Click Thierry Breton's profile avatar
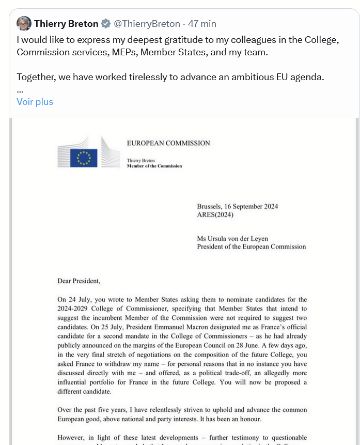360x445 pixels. pyautogui.click(x=24, y=24)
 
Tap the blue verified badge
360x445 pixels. pyautogui.click(x=106, y=24)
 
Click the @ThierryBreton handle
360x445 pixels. pyautogui.click(x=147, y=24)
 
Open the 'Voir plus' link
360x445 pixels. pyautogui.click(x=35, y=102)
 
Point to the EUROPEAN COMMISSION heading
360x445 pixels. pyautogui.click(x=168, y=143)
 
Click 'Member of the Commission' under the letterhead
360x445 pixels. pyautogui.click(x=154, y=166)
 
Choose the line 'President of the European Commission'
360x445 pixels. pyautogui.click(x=252, y=247)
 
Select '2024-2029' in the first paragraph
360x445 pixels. pyautogui.click(x=73, y=309)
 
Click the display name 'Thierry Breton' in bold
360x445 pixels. pyautogui.click(x=66, y=24)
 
